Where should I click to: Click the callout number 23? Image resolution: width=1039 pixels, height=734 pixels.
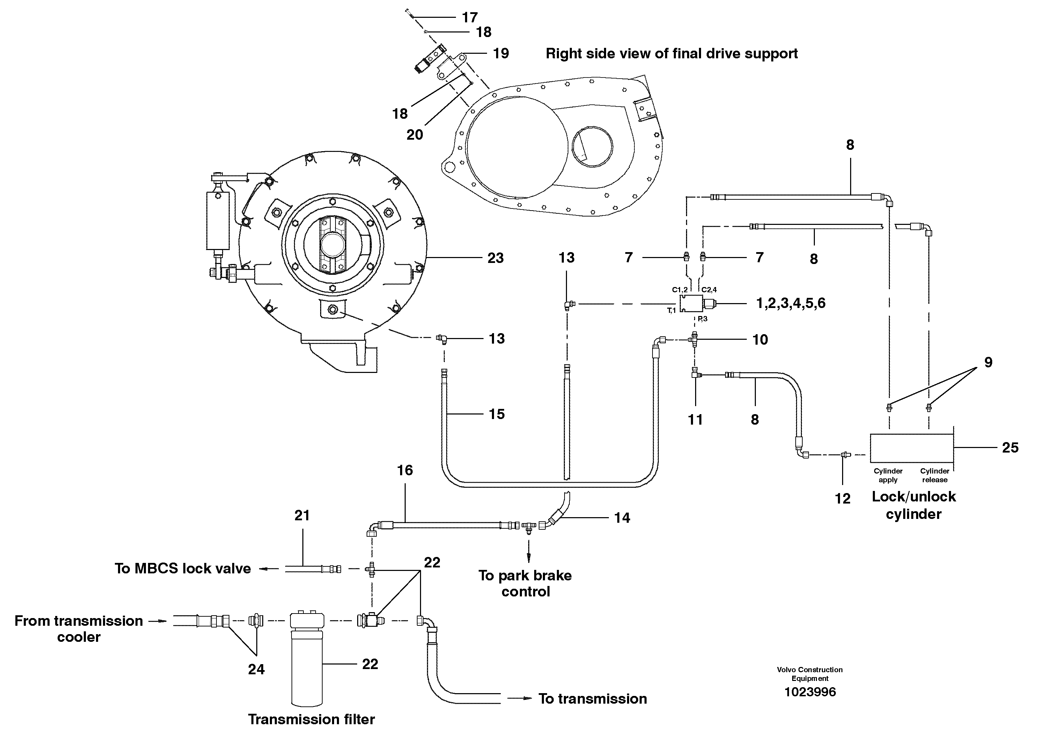coord(495,258)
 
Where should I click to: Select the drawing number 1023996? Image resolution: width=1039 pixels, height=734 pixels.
coord(810,692)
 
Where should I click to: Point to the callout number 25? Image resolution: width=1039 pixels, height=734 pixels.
coord(1010,448)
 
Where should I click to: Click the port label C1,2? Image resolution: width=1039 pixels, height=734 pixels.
coord(679,289)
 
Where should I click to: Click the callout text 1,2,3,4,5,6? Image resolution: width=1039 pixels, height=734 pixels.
coord(790,303)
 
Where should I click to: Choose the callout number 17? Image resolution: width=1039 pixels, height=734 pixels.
coord(470,17)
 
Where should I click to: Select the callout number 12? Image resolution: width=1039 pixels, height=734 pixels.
coord(842,498)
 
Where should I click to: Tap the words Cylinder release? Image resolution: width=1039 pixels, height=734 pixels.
coord(935,475)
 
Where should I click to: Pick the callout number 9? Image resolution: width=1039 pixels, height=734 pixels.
coord(988,362)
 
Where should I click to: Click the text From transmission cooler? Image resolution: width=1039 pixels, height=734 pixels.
coord(79,629)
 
